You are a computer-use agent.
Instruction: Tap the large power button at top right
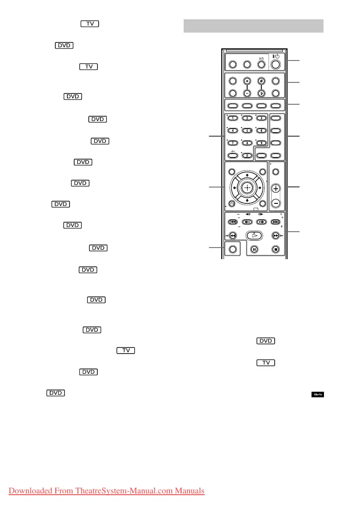275,65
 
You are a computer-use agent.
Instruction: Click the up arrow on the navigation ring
246,175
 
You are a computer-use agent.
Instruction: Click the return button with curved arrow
232,204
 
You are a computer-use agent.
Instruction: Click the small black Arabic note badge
318,394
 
